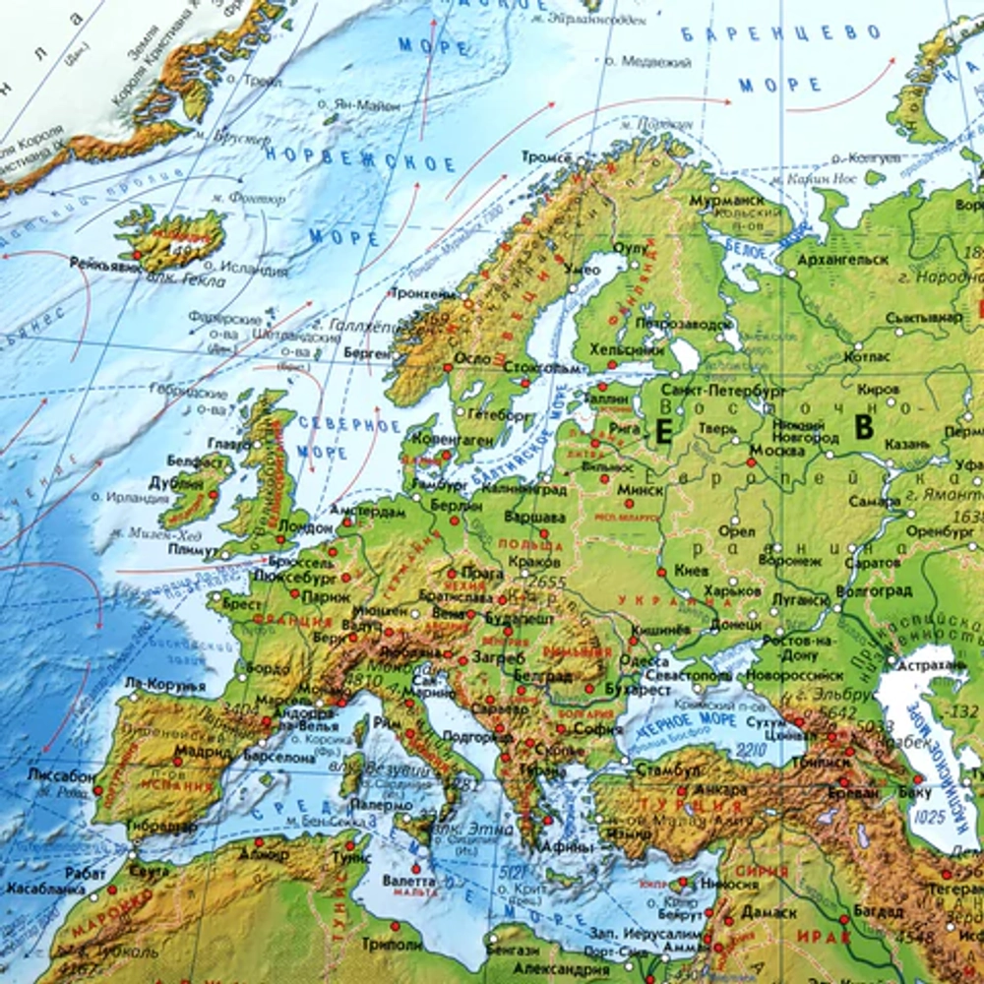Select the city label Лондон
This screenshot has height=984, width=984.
coord(307,527)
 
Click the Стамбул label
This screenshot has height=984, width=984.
coord(667,769)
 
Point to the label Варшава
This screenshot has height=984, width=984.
coord(534,517)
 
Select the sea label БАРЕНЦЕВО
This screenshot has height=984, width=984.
coord(780,34)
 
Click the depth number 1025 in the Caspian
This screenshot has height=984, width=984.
coord(928,816)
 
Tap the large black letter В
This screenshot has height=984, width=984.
coord(864,428)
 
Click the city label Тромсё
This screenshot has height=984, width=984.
coord(545,157)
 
